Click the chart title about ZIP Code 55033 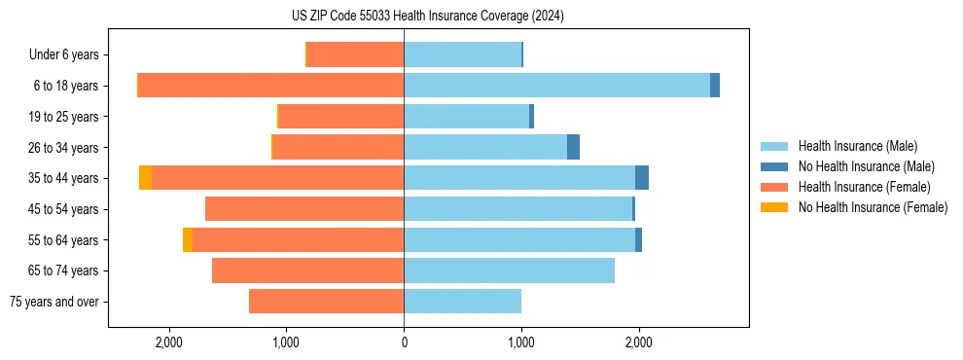coord(427,17)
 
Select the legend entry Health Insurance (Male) coord(857,146)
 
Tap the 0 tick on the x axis coord(404,343)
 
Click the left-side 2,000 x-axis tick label coord(169,343)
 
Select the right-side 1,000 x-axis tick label coord(521,343)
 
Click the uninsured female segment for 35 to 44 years coord(145,178)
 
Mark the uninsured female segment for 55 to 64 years coord(188,240)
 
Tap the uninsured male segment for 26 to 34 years coord(573,147)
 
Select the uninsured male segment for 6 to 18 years coord(715,86)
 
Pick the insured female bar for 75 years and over coord(326,302)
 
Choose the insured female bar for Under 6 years coord(355,55)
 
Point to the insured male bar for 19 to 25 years coord(466,117)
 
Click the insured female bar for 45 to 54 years coord(304,209)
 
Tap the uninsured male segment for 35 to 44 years coord(642,178)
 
